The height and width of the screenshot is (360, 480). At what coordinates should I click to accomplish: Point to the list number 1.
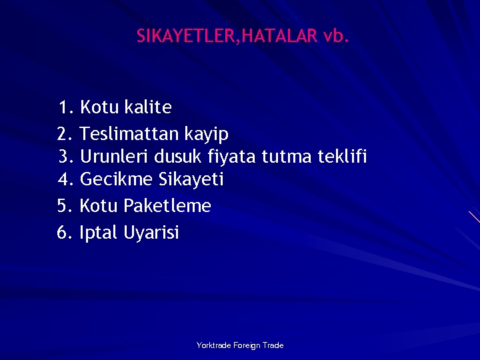pyautogui.click(x=65, y=107)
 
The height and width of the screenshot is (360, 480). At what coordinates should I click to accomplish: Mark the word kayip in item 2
pyautogui.click(x=207, y=134)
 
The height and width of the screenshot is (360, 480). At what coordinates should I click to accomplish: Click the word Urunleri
pyautogui.click(x=114, y=157)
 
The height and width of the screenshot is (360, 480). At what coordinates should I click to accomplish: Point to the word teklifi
pyautogui.click(x=342, y=157)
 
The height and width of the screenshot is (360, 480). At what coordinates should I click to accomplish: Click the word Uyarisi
pyautogui.click(x=151, y=233)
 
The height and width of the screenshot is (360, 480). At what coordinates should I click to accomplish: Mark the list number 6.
pyautogui.click(x=65, y=233)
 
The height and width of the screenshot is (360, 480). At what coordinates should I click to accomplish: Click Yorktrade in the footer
pyautogui.click(x=213, y=345)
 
